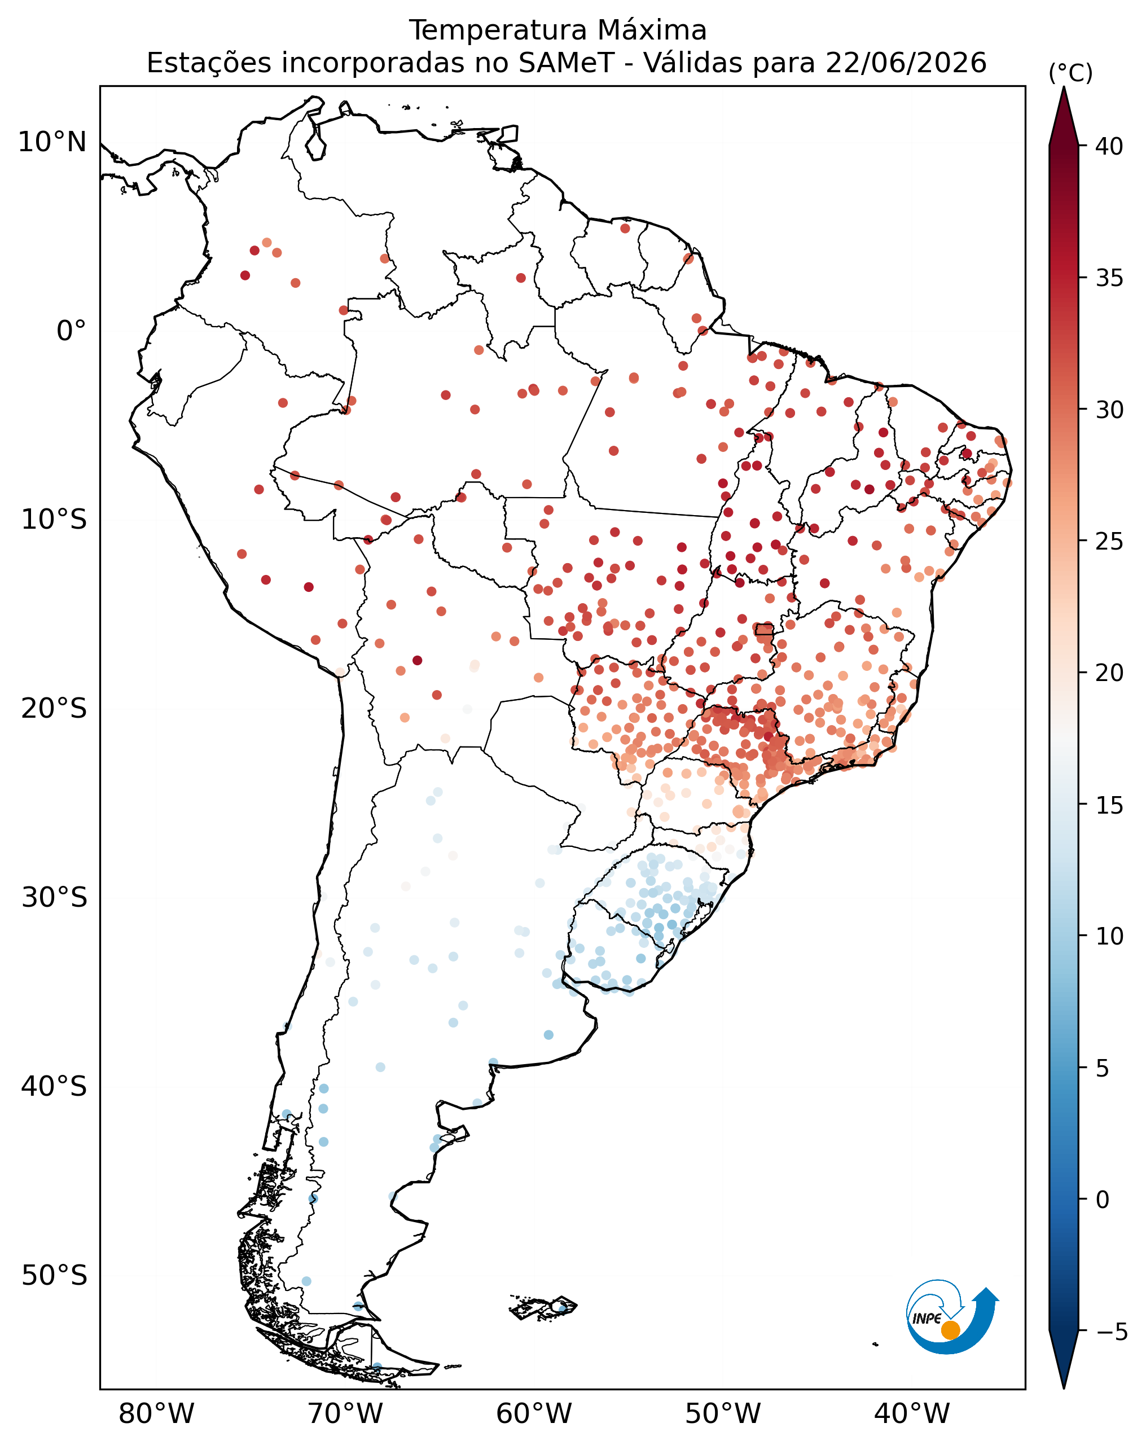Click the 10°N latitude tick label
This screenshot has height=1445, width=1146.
click(52, 142)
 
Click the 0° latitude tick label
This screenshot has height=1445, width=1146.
click(71, 331)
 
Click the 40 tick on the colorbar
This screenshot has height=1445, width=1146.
click(1109, 146)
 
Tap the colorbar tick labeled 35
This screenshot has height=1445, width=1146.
click(1109, 278)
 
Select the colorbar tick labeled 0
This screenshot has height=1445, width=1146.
click(1103, 1199)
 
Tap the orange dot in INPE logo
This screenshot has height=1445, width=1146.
click(950, 1330)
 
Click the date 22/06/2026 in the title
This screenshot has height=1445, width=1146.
click(906, 63)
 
